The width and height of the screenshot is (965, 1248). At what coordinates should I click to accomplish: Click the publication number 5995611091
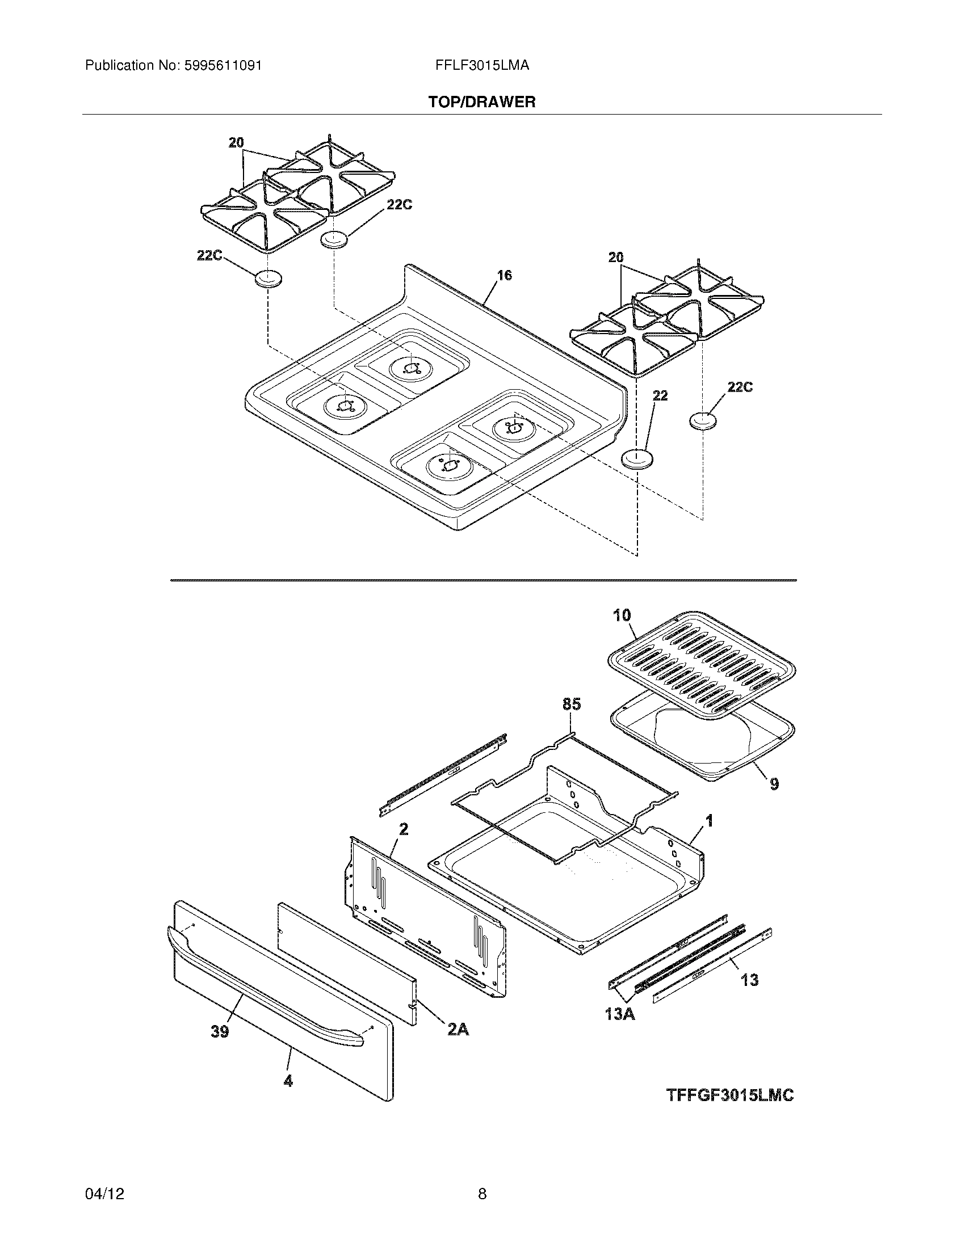pos(223,66)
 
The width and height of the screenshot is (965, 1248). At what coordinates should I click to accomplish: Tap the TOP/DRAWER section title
pos(482,102)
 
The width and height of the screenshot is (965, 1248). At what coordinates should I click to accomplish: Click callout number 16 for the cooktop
pos(504,276)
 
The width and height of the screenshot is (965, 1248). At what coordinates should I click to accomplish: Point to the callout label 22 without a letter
pos(660,395)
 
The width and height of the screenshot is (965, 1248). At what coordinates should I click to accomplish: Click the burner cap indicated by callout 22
pos(637,459)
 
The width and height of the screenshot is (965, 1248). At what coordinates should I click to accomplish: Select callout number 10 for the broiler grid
pos(622,615)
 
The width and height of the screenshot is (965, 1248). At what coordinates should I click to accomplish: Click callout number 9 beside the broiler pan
pos(774,783)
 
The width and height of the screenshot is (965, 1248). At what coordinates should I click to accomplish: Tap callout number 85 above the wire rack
pos(572,705)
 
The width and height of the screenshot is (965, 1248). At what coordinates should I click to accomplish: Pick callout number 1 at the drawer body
pos(709,821)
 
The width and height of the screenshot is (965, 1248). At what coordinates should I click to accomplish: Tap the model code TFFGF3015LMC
pos(730,1095)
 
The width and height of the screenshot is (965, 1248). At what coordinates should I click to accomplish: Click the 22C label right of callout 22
pos(740,387)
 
